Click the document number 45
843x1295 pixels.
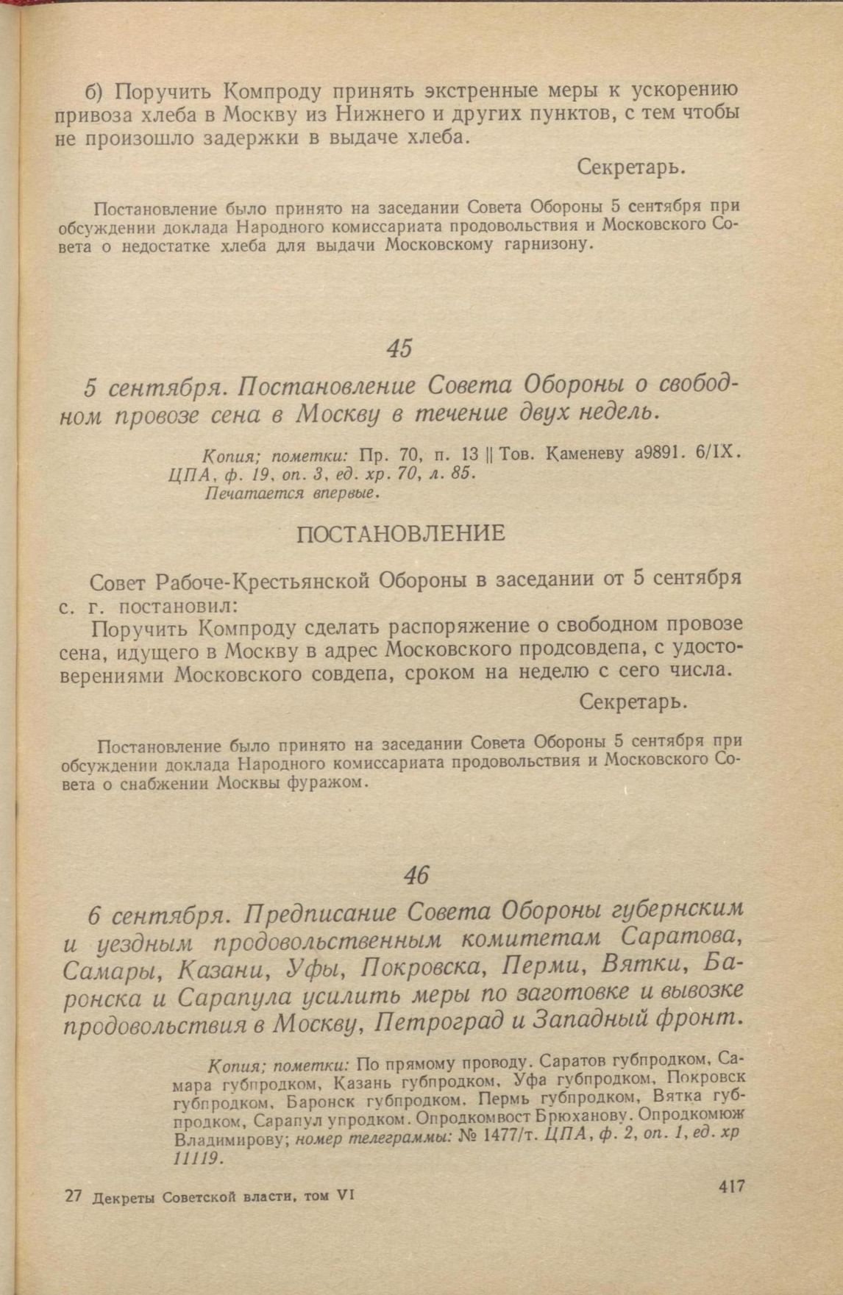click(399, 348)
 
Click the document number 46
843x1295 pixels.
click(416, 875)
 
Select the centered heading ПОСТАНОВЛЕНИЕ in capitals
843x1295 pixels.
click(400, 533)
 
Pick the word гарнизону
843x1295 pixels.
click(547, 245)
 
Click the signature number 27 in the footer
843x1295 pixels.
click(72, 1196)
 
